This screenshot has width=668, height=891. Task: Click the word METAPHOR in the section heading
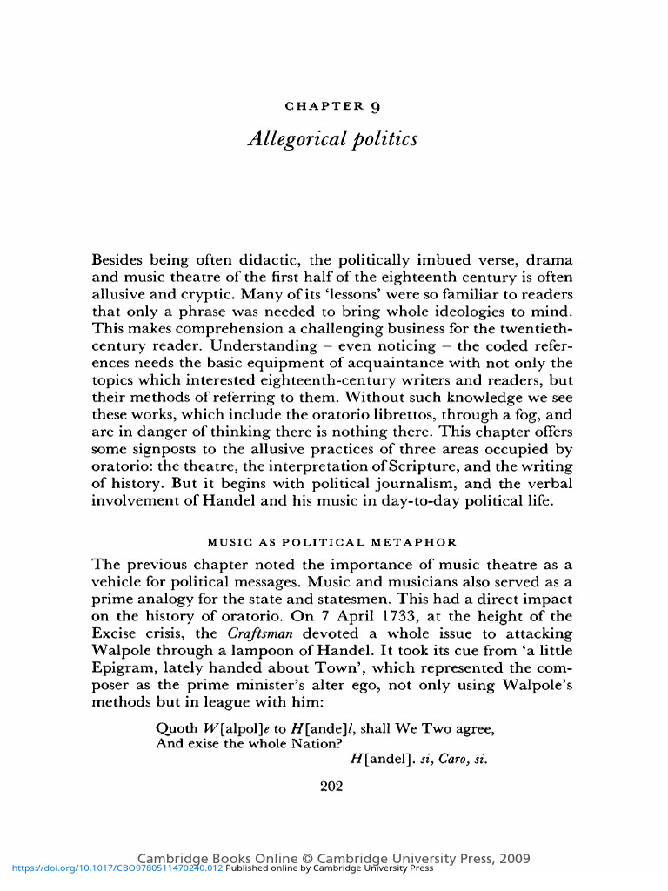pyautogui.click(x=422, y=542)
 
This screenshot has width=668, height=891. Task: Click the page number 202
pyautogui.click(x=331, y=787)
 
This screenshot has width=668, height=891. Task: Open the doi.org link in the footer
pyautogui.click(x=112, y=868)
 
